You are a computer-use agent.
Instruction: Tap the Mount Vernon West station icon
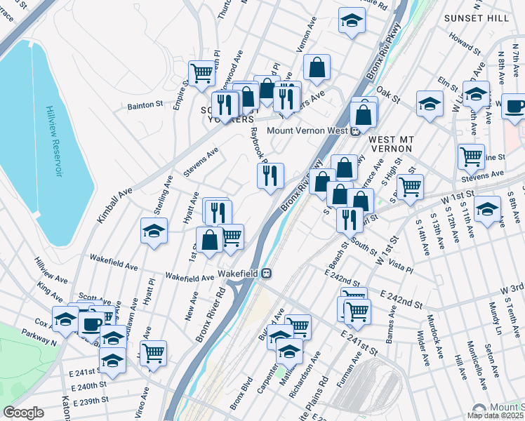pyautogui.click(x=356, y=131)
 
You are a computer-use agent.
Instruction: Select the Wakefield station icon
pyautogui.click(x=267, y=274)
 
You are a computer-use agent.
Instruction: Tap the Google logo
pyautogui.click(x=23, y=412)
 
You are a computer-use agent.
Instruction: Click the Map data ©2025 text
pyautogui.click(x=495, y=415)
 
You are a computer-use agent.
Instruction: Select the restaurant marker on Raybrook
pyautogui.click(x=270, y=176)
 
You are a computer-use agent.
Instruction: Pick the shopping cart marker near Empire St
pyautogui.click(x=201, y=72)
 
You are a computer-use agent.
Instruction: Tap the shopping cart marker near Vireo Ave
pyautogui.click(x=153, y=352)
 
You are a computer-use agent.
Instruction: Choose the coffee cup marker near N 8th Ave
pyautogui.click(x=514, y=106)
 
